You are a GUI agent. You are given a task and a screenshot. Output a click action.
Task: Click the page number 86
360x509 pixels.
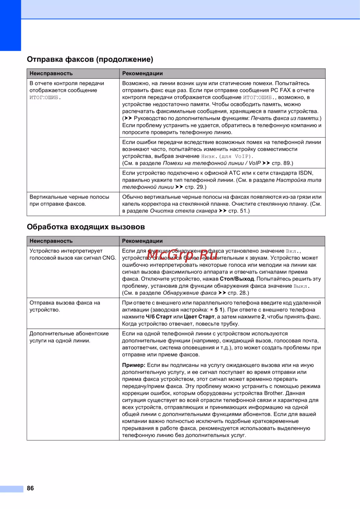coord(30,488)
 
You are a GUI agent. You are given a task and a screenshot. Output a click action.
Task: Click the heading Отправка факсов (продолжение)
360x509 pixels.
coord(90,59)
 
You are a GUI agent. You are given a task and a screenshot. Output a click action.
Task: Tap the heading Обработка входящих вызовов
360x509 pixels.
coord(86,227)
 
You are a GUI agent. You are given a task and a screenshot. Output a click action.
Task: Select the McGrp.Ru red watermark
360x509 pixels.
coord(182,255)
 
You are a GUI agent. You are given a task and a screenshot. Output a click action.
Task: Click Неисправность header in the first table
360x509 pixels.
coord(51,73)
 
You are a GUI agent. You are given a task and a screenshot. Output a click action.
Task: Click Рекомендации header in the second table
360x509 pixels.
coord(142,241)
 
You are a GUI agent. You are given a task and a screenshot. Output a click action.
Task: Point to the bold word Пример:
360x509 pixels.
coord(134,365)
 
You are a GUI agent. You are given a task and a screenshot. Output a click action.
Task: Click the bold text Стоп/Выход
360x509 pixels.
coord(237,279)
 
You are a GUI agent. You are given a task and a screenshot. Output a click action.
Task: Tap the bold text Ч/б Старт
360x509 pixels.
coord(159,317)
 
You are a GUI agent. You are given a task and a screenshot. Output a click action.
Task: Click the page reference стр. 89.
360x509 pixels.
coord(282,163)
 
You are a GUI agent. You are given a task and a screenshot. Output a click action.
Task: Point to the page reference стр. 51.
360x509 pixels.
coord(239,211)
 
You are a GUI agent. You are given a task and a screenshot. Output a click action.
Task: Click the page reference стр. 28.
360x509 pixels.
coord(238,293)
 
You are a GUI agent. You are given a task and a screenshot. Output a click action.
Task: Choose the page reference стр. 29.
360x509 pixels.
coord(195,187)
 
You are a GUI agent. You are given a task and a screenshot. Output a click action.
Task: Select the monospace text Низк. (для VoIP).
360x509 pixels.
coord(227,156)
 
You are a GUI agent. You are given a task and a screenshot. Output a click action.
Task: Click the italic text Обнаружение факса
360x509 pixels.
coord(189,293)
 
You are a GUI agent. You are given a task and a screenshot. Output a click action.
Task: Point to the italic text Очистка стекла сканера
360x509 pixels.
coord(183,211)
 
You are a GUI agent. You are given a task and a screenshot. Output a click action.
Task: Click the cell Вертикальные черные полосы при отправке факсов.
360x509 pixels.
coord(69,200)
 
